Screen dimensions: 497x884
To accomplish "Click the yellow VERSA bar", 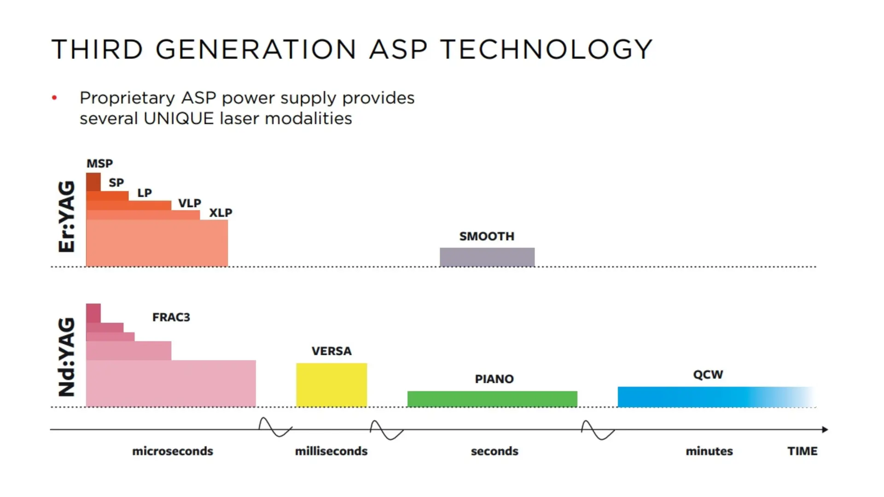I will (331, 385).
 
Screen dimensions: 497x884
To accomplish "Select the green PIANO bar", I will (492, 399).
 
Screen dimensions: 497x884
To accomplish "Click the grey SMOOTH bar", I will (487, 257).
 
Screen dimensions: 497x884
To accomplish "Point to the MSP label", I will (99, 163).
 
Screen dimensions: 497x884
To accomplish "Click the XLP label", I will (221, 213).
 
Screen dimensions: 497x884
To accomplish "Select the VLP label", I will (190, 203).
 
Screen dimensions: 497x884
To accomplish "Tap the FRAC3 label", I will (171, 317).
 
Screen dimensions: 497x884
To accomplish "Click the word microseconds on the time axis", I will (173, 451).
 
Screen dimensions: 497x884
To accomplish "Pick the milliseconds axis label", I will (331, 451).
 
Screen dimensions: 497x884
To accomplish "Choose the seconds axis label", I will (494, 451).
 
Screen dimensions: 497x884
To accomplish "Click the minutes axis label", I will (709, 451).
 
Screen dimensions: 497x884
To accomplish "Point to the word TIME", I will (802, 451).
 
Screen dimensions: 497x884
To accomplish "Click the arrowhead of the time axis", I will (825, 429).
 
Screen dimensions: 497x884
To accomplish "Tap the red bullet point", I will (54, 98).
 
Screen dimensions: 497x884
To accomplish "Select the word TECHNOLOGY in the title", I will (546, 49).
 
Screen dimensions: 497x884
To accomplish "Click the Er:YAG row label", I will (67, 216).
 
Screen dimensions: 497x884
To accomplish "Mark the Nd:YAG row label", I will (67, 357).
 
